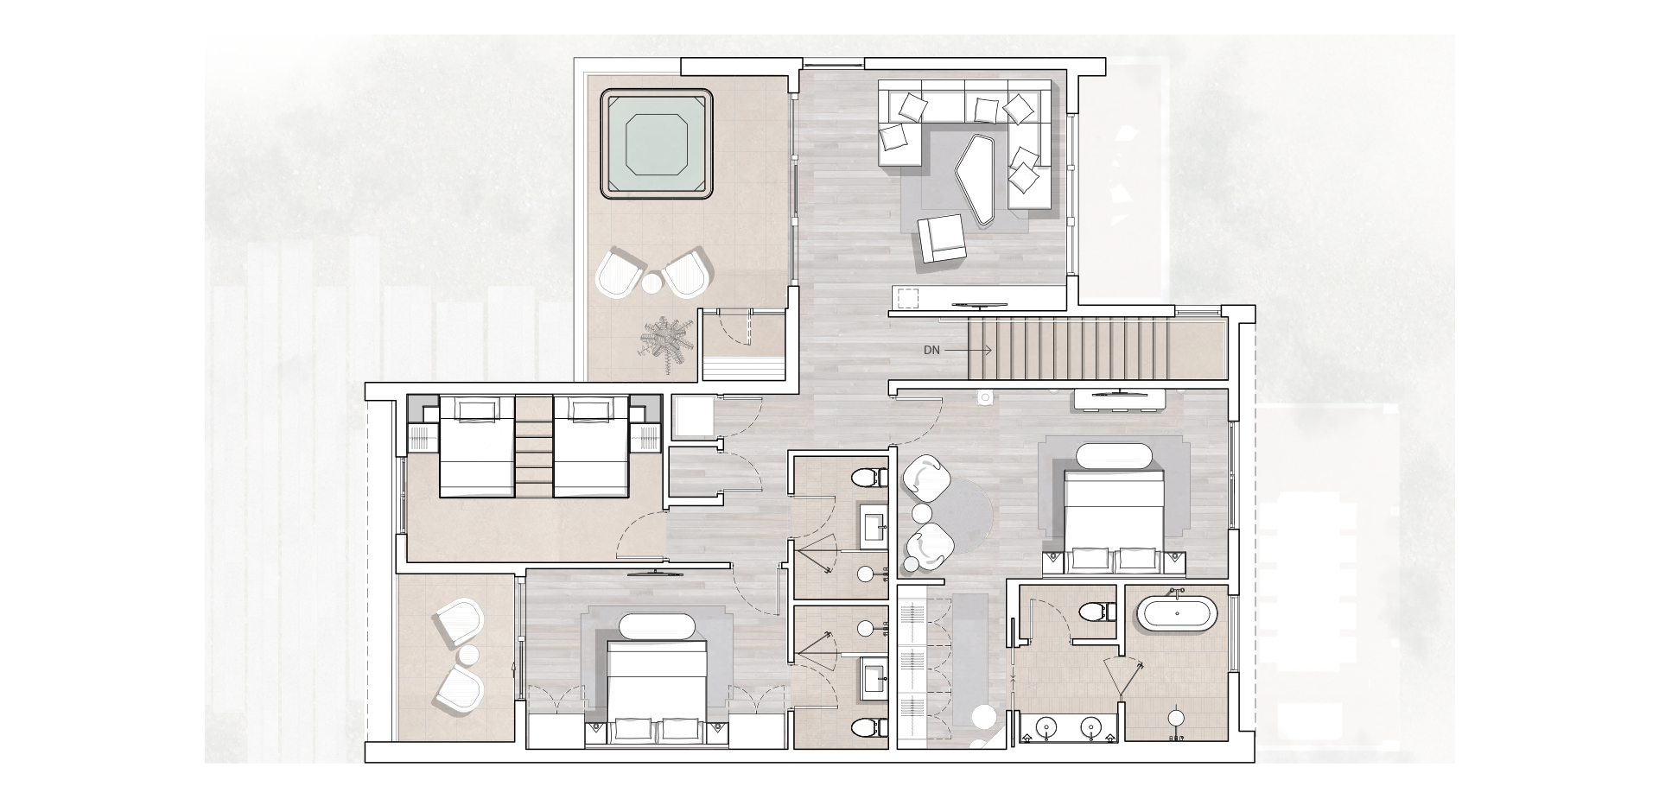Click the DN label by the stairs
point(931,351)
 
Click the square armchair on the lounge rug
point(941,238)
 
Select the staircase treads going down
point(1071,349)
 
